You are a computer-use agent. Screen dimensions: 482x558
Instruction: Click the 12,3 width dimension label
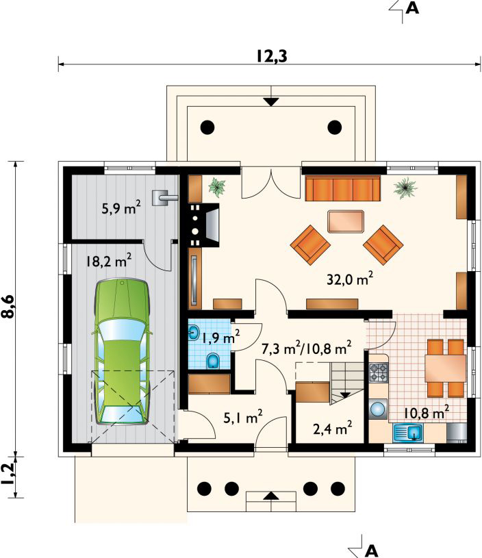272,56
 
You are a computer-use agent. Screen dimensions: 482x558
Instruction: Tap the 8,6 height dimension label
8,306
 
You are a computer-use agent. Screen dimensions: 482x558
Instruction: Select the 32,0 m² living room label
350,279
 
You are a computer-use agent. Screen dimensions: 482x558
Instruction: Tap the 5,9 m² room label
121,207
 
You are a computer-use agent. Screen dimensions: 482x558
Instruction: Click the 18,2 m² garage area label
108,260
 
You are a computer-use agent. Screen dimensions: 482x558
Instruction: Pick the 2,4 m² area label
333,429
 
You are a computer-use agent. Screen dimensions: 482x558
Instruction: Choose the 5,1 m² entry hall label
243,417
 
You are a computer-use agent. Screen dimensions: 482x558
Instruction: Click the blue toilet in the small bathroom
213,361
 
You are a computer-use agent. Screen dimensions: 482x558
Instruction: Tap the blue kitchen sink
407,433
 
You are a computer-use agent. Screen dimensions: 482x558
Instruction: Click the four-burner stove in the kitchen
378,372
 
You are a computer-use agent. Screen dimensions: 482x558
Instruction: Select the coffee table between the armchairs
346,221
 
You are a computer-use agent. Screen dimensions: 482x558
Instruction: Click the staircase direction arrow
345,394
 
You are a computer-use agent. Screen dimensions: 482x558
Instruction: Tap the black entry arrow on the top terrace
272,102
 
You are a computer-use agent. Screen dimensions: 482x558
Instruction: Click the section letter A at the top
412,8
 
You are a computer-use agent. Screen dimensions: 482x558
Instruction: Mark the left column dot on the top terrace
207,127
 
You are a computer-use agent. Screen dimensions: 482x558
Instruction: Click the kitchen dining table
446,368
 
